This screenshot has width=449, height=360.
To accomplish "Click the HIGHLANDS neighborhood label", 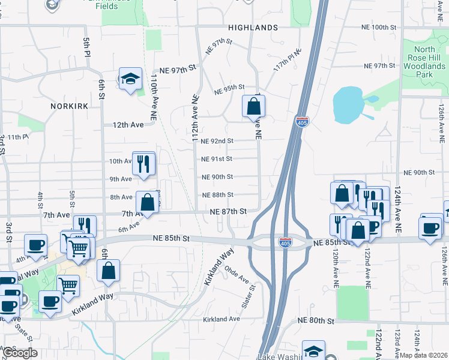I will (x=253, y=28).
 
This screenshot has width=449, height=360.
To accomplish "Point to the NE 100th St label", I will (x=379, y=28).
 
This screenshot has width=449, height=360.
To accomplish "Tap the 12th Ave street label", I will (x=128, y=125).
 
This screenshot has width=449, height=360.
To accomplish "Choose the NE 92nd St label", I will (x=217, y=141).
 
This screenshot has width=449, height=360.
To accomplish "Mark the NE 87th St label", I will (x=228, y=211).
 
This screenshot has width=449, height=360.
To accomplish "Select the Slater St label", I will (x=248, y=296).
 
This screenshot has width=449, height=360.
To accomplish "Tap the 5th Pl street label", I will (x=86, y=47).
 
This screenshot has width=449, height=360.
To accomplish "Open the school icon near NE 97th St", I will (x=130, y=79).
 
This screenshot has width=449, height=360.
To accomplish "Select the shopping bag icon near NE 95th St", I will (x=254, y=106).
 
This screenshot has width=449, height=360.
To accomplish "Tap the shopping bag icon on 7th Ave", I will (x=147, y=202).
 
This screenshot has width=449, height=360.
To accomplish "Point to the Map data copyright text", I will (x=423, y=355).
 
